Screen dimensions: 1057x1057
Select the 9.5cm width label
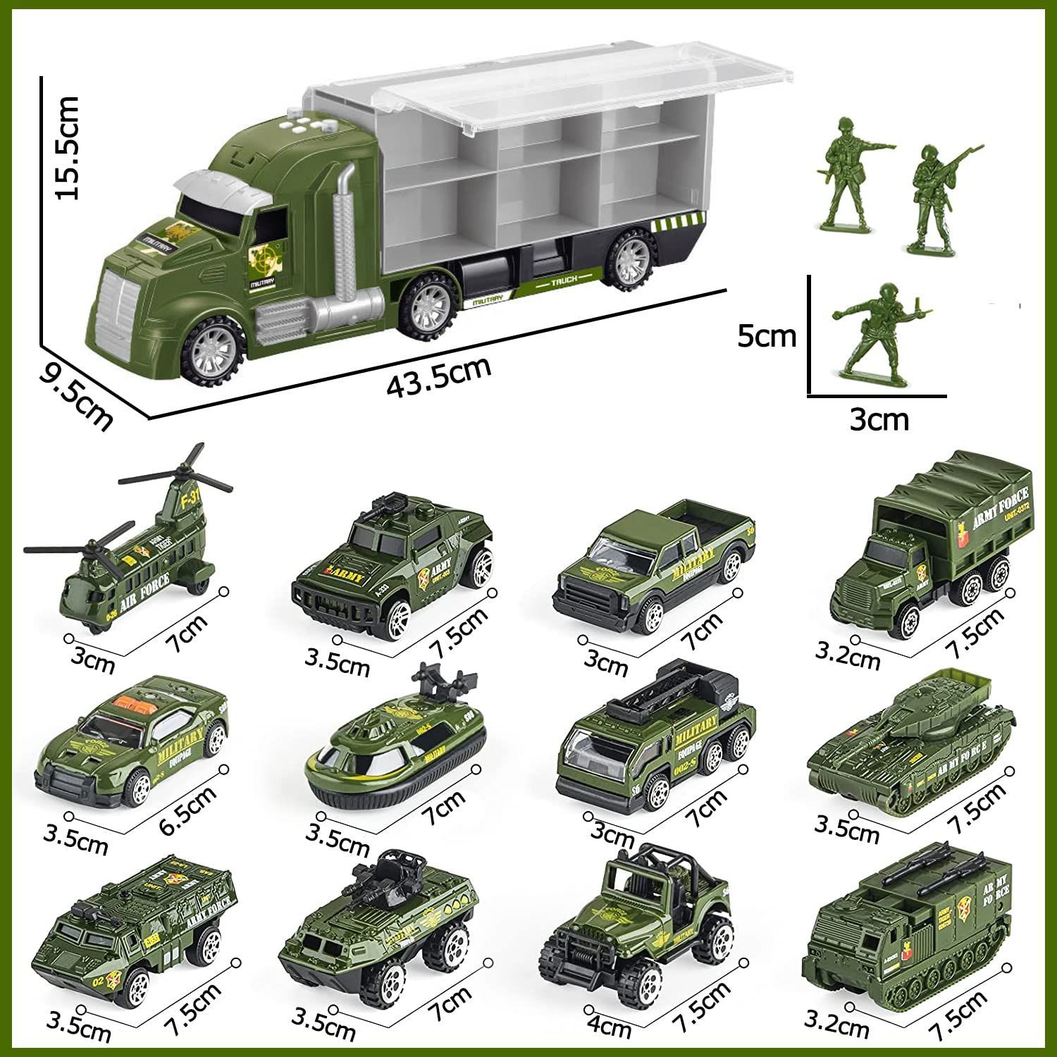pyautogui.click(x=75, y=397)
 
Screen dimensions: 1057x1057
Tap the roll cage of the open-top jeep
pyautogui.click(x=652, y=874)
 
